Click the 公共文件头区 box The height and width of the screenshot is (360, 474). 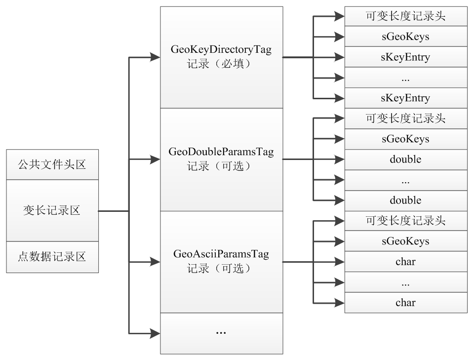click(x=52, y=164)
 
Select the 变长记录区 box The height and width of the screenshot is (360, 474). click(x=52, y=211)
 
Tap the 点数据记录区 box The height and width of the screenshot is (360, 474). click(x=52, y=257)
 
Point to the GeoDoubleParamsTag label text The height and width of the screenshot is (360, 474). click(x=221, y=152)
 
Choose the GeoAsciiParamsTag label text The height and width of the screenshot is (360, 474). click(x=221, y=255)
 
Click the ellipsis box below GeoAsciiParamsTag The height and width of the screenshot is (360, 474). click(x=221, y=333)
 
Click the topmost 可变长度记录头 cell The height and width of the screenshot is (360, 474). click(x=405, y=16)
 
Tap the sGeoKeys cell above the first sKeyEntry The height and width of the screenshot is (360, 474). click(x=405, y=37)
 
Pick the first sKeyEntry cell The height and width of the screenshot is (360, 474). click(x=405, y=57)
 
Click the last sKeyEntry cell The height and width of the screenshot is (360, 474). click(x=405, y=98)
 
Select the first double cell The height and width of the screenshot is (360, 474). click(x=405, y=160)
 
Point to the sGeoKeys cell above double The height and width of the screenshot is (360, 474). click(x=405, y=139)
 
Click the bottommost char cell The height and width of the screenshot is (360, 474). click(x=405, y=302)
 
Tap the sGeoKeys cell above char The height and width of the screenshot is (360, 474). click(x=405, y=241)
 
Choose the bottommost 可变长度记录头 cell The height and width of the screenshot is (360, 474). click(x=405, y=221)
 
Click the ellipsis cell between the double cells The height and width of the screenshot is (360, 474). click(x=405, y=180)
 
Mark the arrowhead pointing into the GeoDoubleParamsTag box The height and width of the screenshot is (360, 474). click(x=155, y=160)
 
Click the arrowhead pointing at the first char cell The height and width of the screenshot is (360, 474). click(x=339, y=262)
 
